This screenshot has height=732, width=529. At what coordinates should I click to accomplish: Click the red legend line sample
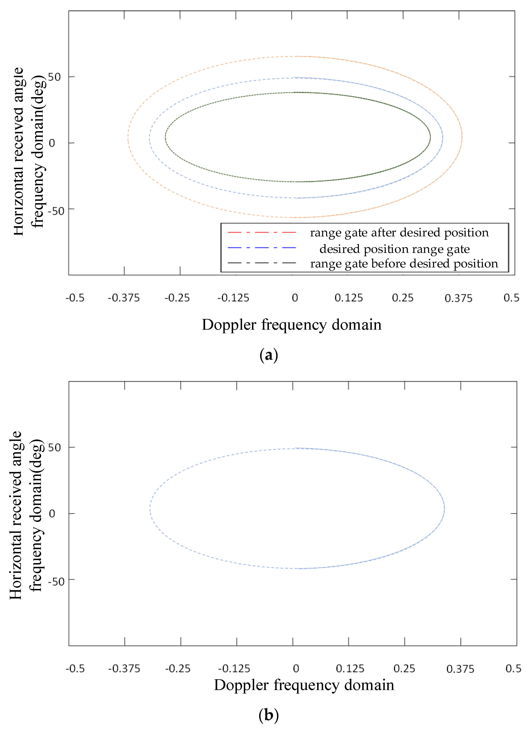[262, 232]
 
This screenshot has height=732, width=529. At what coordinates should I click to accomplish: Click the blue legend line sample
[262, 248]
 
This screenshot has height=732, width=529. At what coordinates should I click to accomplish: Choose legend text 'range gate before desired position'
[404, 263]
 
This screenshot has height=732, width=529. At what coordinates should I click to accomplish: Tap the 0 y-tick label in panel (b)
[52, 514]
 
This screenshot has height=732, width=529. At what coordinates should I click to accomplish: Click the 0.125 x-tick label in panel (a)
[349, 298]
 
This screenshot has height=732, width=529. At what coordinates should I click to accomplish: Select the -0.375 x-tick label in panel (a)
[124, 298]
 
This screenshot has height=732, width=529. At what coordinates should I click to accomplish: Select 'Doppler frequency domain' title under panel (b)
[304, 685]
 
